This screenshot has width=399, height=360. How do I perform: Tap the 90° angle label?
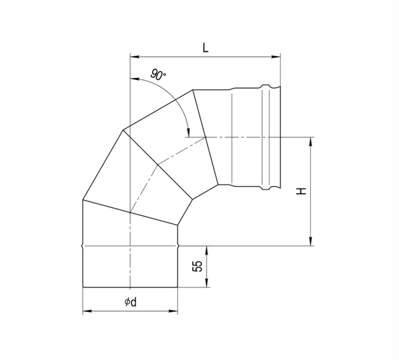pyautogui.click(x=157, y=76)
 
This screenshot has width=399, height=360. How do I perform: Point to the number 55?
pyautogui.click(x=197, y=266)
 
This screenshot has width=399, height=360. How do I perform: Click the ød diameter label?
pyautogui.click(x=130, y=302)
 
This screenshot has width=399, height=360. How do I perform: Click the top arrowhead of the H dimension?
pyautogui.click(x=310, y=140)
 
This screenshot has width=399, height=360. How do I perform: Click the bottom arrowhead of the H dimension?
pyautogui.click(x=310, y=243)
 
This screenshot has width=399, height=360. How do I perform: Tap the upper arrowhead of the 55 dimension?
pyautogui.click(x=207, y=248)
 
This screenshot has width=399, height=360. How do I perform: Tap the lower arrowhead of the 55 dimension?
pyautogui.click(x=207, y=285)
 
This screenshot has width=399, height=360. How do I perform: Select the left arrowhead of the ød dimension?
pyautogui.click(x=85, y=311)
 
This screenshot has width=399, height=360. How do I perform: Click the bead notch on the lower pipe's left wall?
pyautogui.click(x=81, y=245)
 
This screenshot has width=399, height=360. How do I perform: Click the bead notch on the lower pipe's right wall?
pyautogui.click(x=178, y=245)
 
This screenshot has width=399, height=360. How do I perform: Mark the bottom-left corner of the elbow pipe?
pyautogui.click(x=82, y=288)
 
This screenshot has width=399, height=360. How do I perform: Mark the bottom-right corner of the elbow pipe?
pyautogui.click(x=178, y=288)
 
